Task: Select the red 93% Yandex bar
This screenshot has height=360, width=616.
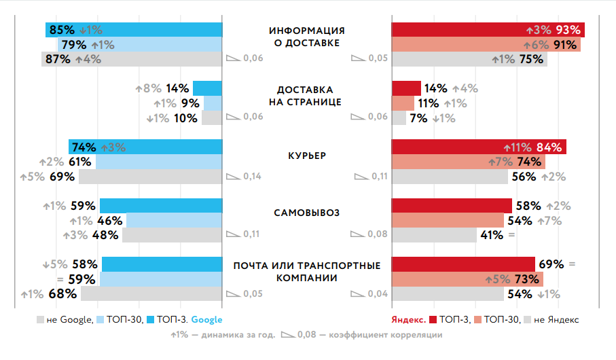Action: point(488,30)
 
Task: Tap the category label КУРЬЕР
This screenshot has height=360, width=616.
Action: point(307,155)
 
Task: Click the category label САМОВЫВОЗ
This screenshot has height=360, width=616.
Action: point(307,213)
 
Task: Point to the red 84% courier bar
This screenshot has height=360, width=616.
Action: point(479,147)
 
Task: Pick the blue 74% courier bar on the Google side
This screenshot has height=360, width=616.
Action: point(145,147)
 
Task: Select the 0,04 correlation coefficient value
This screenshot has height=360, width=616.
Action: point(378,293)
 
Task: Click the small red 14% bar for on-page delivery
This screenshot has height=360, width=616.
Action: point(406,88)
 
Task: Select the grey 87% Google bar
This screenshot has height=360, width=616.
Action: point(132,59)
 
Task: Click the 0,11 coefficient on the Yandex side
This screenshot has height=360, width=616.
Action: point(378,177)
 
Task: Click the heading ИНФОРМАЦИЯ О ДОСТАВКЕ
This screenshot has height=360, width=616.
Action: point(307,37)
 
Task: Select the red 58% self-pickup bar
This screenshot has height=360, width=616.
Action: point(452,206)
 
